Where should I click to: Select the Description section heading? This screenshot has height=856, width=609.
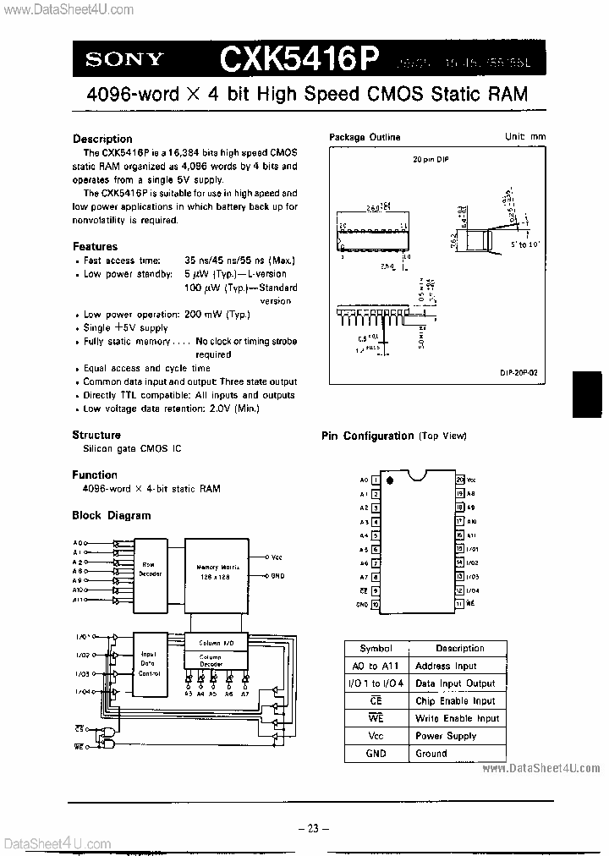(x=102, y=139)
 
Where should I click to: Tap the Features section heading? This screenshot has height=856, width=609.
(x=95, y=247)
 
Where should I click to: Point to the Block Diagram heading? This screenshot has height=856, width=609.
(x=112, y=515)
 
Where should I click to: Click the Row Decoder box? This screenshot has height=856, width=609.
(x=149, y=569)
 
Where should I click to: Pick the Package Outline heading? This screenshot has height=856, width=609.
(x=365, y=137)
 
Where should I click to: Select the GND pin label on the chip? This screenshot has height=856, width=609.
(x=362, y=605)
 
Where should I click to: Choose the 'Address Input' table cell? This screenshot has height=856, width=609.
(x=446, y=666)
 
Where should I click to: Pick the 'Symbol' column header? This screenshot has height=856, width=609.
(x=376, y=648)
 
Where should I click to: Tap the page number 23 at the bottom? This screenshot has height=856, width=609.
(x=312, y=829)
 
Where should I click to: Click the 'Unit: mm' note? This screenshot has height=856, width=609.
(x=526, y=137)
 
